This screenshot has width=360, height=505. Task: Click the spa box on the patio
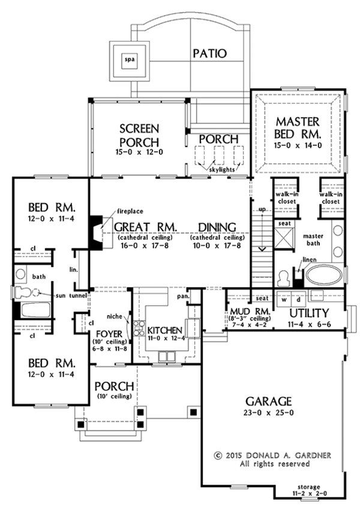pos(128,59)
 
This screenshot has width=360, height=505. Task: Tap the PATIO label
pos(209,53)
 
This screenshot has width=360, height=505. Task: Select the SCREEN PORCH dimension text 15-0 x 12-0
pos(139,154)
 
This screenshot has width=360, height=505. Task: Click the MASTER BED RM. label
pos(298,127)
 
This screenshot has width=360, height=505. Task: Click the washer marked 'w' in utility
pos(285,299)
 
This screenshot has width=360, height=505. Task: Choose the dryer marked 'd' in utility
pos(298,299)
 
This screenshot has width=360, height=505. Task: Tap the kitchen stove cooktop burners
pos(139,329)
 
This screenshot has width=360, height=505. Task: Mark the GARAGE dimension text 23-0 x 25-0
pos(269,413)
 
